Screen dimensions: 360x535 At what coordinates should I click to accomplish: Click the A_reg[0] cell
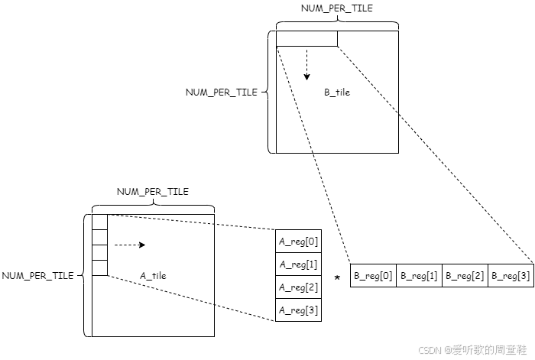298,241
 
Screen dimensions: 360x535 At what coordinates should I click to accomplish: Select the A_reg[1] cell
298,264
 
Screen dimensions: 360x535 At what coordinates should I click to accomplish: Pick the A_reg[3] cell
298,310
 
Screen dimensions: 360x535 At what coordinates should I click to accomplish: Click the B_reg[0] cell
373,275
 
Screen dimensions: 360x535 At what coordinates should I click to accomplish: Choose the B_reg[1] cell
419,275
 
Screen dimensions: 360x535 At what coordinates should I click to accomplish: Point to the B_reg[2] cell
465,275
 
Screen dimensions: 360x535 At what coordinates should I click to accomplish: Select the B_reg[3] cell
511,275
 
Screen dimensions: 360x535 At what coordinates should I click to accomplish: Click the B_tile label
337,92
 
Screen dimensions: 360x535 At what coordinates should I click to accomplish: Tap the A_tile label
153,276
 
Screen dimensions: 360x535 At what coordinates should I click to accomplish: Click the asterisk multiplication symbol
337,278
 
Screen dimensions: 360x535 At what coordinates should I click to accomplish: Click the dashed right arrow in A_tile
129,245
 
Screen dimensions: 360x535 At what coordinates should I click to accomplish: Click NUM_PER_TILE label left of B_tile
222,92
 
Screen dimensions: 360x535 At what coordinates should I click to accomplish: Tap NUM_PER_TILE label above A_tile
152,192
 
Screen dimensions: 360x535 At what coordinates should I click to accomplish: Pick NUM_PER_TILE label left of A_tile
37,276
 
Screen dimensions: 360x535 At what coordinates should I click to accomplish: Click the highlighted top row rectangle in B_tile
306,38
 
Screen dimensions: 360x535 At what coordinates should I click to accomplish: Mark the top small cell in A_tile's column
99,222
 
